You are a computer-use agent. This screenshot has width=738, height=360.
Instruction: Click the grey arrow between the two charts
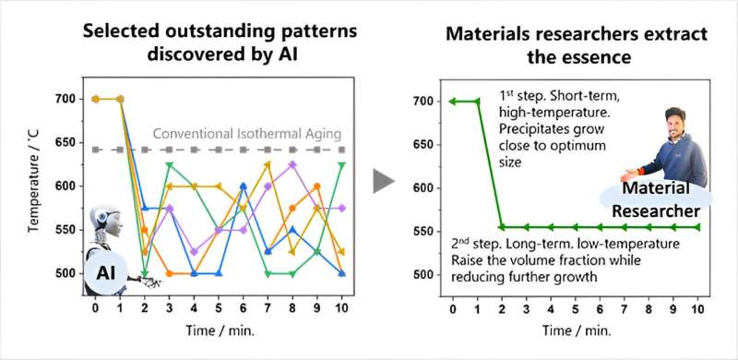tap(384, 181)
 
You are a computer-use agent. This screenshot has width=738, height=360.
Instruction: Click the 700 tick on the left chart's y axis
tap(65, 99)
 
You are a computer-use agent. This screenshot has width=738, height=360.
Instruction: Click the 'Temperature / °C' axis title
tap(34, 186)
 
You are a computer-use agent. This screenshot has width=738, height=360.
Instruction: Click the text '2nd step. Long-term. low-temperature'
tap(565, 244)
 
